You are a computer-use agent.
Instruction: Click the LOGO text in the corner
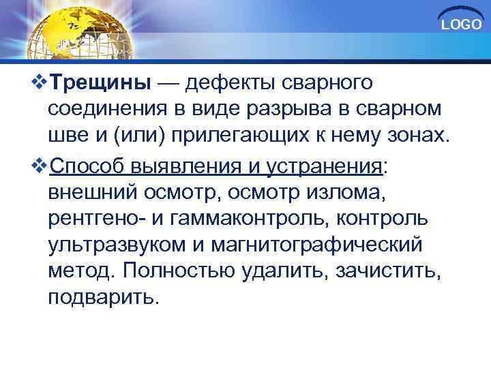[x=462, y=25]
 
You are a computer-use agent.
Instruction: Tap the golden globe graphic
[x=78, y=31]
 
